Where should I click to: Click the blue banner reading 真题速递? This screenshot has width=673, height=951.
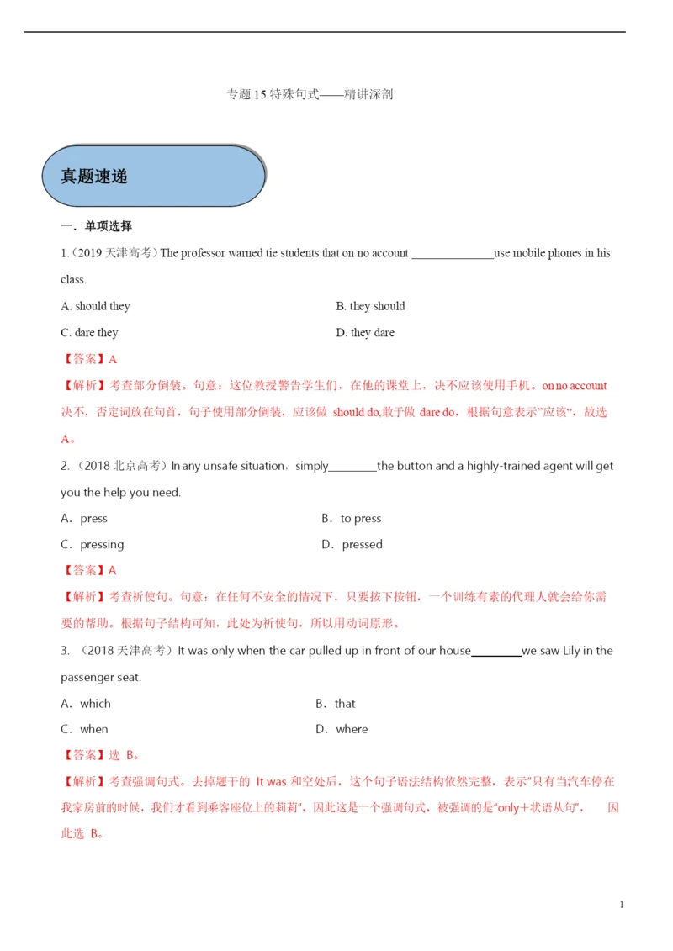pos(153,176)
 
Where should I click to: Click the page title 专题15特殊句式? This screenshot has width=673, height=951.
pos(310,94)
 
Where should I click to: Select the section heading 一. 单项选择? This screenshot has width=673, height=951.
pos(96,226)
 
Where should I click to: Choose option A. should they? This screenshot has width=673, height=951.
pos(95,306)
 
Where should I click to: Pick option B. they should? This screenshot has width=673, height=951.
pos(370,306)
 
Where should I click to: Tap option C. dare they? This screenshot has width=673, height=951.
pos(89,333)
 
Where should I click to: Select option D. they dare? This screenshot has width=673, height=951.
pos(365,333)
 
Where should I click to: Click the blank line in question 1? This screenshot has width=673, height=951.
pos(453,254)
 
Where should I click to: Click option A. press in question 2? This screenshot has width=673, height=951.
pos(84,519)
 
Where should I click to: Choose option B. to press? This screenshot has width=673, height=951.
pos(352,519)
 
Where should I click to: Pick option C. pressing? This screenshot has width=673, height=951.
pos(93,545)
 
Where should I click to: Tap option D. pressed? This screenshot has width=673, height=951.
pos(352,545)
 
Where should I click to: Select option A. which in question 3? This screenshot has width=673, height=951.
pos(86,704)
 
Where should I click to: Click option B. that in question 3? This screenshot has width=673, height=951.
pos(336,704)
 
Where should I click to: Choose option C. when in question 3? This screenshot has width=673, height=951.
pos(84,730)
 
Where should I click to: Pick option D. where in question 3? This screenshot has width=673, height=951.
pos(342,730)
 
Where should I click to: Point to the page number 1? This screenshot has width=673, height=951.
pos(621,905)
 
